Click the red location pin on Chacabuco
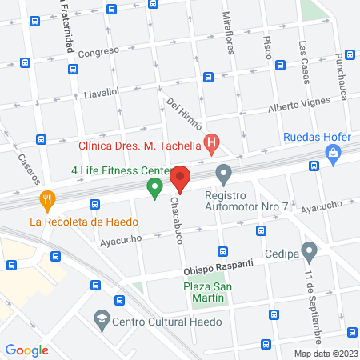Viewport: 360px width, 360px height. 180,179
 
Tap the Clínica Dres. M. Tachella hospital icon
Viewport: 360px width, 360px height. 212,146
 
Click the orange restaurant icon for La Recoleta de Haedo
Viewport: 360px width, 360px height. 48,199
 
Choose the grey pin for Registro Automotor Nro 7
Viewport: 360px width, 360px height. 225,173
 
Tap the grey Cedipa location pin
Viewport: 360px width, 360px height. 309,253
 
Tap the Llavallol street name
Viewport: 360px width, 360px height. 102,93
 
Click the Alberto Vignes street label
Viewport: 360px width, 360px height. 276,106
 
